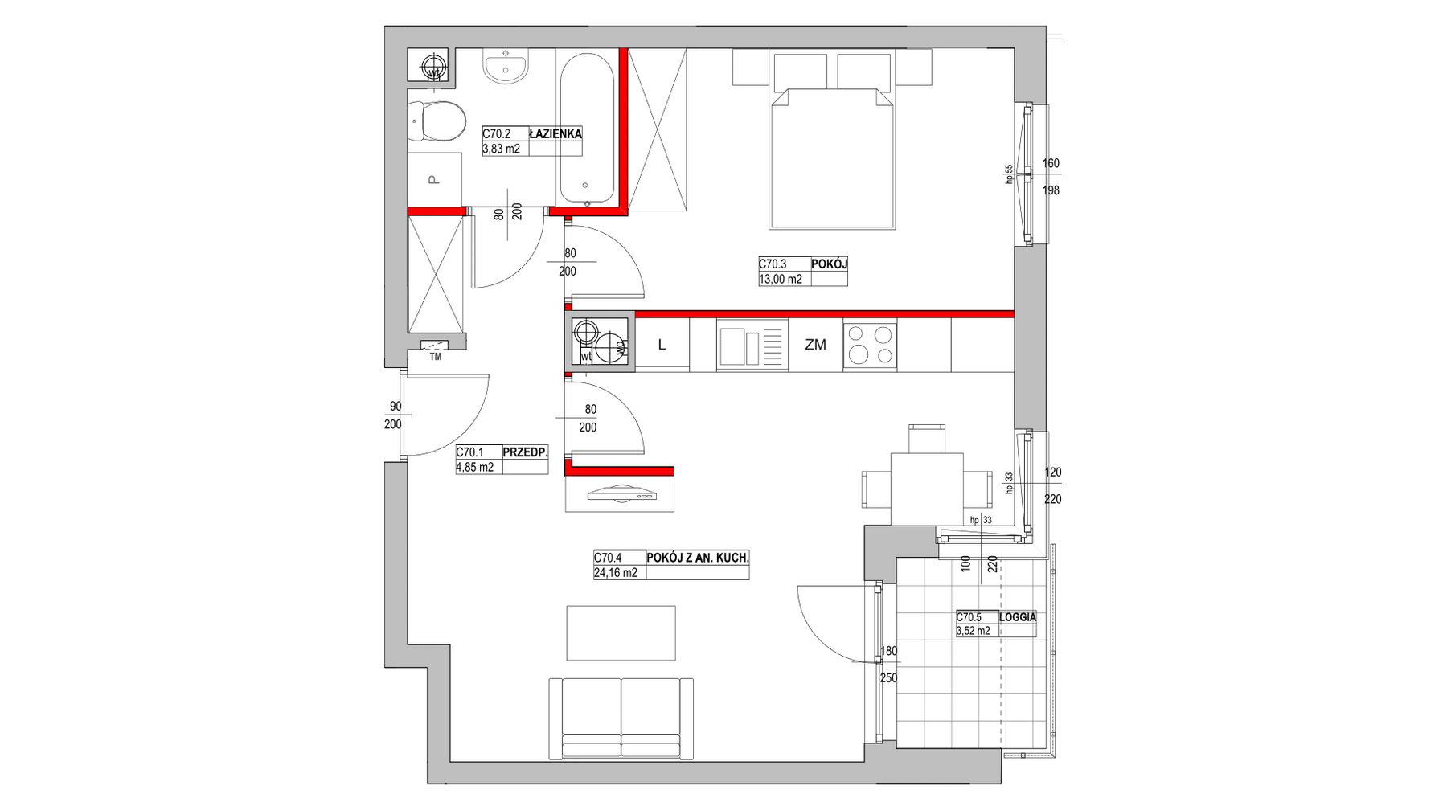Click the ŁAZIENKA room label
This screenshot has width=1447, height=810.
[x=555, y=134]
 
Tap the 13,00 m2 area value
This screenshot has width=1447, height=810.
[x=781, y=280]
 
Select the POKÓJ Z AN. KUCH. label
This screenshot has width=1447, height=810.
[x=698, y=558]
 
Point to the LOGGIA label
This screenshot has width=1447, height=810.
[x=1017, y=617]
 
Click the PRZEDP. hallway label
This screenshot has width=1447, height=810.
[x=525, y=452]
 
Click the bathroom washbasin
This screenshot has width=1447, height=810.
[x=506, y=65]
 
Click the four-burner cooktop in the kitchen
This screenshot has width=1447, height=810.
[x=870, y=344]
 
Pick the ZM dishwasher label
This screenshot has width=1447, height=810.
[x=815, y=345]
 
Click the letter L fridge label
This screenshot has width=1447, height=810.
[x=662, y=345]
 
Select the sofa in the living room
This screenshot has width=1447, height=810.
[x=621, y=718]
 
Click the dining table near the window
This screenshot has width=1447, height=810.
[x=926, y=488]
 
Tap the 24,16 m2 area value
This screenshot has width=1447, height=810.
[x=616, y=573]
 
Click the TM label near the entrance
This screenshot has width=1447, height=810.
[x=436, y=357]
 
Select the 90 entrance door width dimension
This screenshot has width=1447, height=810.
[x=395, y=407]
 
